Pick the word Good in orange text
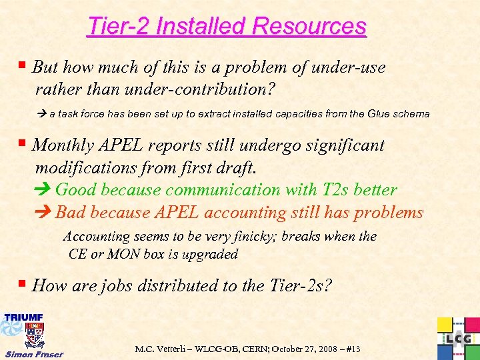click(x=75, y=190)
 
